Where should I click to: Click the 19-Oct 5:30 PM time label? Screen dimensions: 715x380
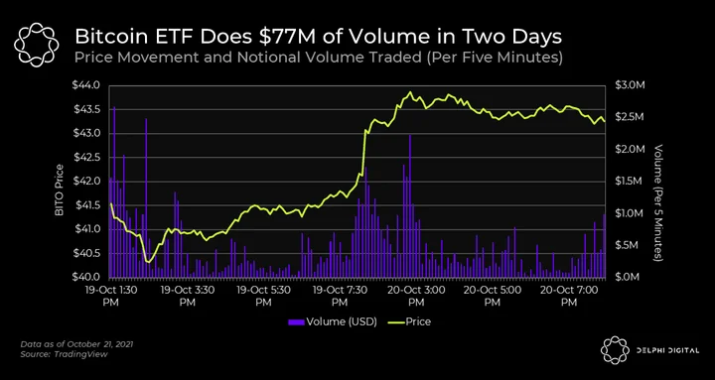(263, 296)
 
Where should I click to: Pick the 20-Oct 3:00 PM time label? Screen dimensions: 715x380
(414, 296)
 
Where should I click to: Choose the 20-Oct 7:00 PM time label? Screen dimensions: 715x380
(568, 296)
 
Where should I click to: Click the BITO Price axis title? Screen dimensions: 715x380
(59, 190)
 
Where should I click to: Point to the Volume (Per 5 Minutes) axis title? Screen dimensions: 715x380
(658, 202)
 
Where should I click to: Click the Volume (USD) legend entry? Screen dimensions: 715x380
(333, 322)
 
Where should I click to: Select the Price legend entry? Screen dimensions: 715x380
(409, 322)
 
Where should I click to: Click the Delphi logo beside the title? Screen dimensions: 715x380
(37, 45)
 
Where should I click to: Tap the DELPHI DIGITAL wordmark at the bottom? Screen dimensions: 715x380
(667, 350)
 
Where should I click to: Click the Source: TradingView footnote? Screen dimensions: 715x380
(64, 354)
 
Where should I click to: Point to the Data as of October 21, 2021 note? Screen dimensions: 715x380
(76, 344)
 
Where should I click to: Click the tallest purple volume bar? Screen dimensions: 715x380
(114, 191)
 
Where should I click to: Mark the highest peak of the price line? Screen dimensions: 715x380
(410, 91)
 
